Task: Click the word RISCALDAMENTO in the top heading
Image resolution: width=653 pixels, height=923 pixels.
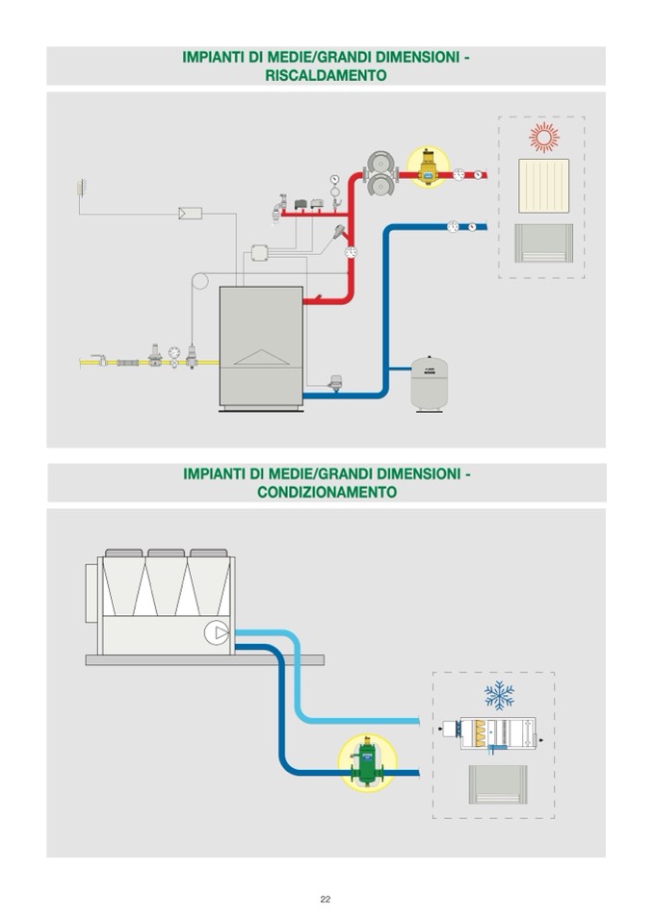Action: tap(326, 74)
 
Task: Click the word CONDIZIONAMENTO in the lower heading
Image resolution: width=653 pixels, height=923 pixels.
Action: tap(326, 492)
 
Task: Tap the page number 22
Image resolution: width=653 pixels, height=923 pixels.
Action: tap(326, 899)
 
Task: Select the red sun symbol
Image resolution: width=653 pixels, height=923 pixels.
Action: tap(544, 138)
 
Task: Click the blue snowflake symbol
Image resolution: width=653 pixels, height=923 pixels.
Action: tap(499, 695)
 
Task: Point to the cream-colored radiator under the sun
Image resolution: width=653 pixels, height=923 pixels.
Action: tap(544, 186)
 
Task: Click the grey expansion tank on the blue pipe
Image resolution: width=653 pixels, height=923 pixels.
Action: tap(428, 383)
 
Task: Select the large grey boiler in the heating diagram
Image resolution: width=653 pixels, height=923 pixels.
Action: tap(261, 346)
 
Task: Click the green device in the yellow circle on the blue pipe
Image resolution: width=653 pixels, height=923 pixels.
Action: tap(367, 761)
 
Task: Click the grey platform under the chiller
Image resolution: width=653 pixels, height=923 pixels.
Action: tap(204, 660)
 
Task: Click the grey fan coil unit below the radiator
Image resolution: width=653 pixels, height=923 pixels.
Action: tap(544, 244)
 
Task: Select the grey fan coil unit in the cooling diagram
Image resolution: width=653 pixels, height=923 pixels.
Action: tap(497, 785)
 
